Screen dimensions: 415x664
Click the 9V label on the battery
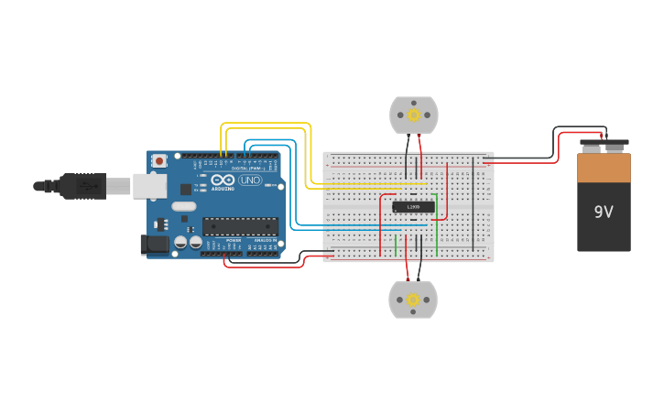point(603,212)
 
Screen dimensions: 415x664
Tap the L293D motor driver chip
point(413,207)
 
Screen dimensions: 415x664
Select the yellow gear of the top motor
point(414,115)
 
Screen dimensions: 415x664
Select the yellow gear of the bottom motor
point(413,300)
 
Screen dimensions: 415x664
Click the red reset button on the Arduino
point(159,161)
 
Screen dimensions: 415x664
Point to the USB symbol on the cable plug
point(88,186)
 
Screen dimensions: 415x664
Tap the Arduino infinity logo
point(223,180)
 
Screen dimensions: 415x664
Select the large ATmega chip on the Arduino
point(240,226)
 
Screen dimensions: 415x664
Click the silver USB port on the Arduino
point(149,186)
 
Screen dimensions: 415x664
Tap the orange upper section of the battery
point(604,169)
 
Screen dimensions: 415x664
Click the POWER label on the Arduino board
point(234,240)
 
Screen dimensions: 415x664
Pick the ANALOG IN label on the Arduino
point(264,240)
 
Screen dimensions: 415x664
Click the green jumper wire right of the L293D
point(437,224)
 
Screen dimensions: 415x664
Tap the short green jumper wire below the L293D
point(396,246)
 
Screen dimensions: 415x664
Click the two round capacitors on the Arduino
point(188,243)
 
